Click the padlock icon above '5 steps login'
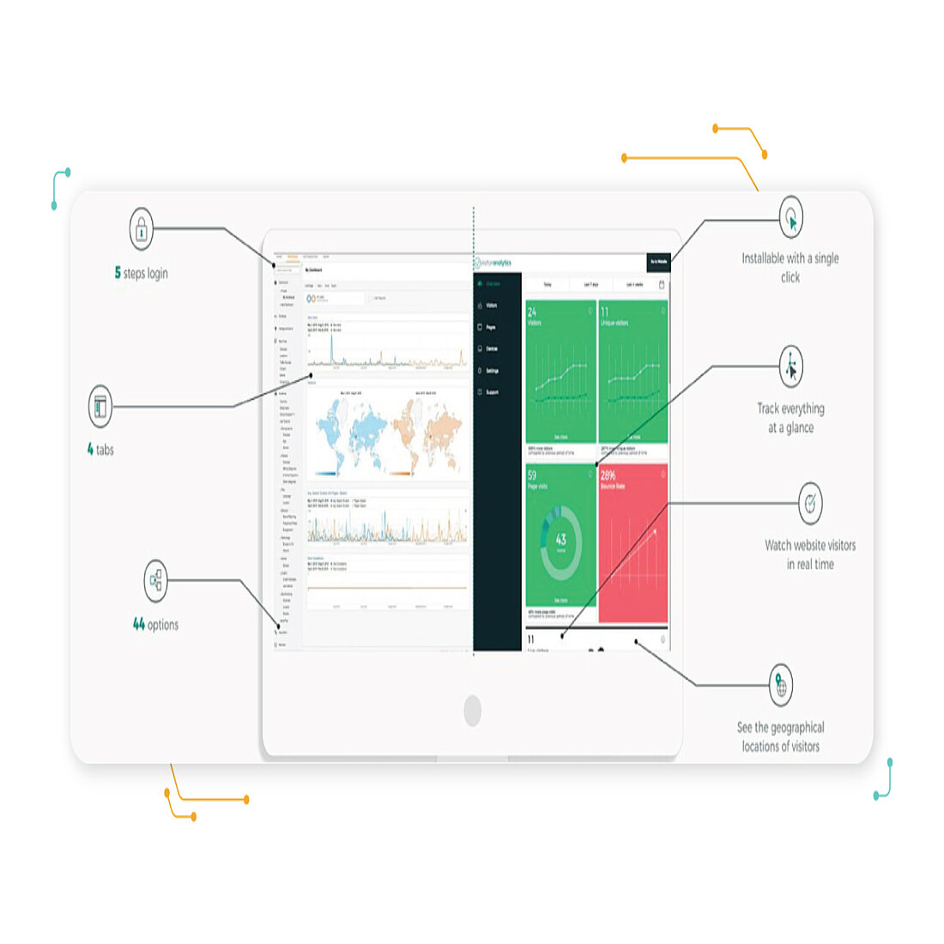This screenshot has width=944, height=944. [141, 229]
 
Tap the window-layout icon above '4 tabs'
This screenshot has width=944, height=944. [100, 406]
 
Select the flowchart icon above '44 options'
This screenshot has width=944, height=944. [155, 581]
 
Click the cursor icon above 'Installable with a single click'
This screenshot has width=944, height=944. [791, 218]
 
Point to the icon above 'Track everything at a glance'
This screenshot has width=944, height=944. [790, 367]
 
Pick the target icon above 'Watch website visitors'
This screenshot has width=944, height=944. [810, 503]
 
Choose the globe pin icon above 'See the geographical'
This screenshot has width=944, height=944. [780, 685]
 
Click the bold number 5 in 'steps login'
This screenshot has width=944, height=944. [118, 273]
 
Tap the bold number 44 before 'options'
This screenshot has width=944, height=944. [139, 625]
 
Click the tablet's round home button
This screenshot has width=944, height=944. [472, 710]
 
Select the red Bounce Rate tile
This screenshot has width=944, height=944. [633, 542]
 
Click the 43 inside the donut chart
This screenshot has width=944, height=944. [560, 540]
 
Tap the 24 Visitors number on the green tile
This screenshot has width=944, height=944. [532, 312]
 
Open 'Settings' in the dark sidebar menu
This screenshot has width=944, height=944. [492, 371]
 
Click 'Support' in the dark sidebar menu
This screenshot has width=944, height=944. [492, 392]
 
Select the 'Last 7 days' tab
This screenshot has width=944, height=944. [591, 285]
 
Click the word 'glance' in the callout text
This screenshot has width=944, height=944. [798, 427]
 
